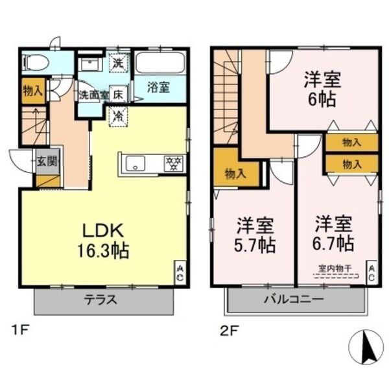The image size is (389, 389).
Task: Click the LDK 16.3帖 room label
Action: click(x=104, y=240)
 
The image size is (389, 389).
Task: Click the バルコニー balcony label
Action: click(x=293, y=300)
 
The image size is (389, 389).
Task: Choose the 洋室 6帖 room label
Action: click(x=322, y=89)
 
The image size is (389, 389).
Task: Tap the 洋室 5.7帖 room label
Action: click(x=255, y=235)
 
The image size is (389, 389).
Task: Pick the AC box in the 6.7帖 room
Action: click(x=371, y=272)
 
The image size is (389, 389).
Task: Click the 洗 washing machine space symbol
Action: click(x=119, y=64)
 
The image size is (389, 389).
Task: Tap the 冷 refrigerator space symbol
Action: click(x=119, y=117)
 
